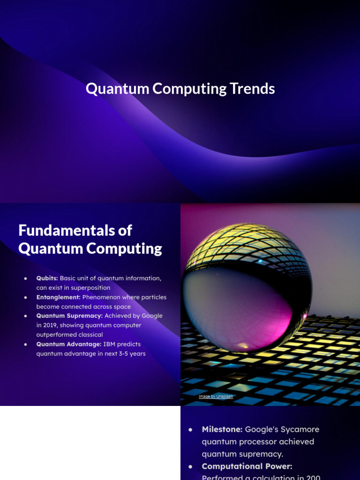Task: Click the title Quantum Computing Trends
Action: (180, 89)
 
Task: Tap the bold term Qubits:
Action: (47, 278)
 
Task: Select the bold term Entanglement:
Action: (58, 297)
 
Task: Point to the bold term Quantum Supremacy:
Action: (69, 316)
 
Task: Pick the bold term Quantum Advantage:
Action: (69, 344)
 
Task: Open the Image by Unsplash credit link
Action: (216, 397)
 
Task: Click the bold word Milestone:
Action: (222, 429)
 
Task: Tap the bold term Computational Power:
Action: (247, 466)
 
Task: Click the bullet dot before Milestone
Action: (190, 429)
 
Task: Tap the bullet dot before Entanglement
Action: (26, 298)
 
